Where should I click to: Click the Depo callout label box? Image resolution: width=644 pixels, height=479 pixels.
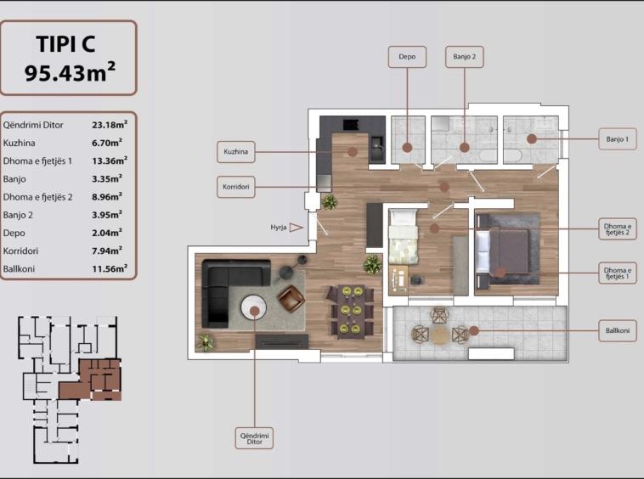pyautogui.click(x=407, y=57)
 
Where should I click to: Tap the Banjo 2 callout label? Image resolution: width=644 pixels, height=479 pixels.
pyautogui.click(x=465, y=57)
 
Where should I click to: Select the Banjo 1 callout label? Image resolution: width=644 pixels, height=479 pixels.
pyautogui.click(x=618, y=139)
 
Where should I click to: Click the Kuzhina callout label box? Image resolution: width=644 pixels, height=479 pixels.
pyautogui.click(x=235, y=152)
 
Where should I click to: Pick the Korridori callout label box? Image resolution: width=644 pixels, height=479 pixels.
pyautogui.click(x=235, y=187)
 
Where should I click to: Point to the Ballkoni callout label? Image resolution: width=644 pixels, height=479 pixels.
pyautogui.click(x=618, y=331)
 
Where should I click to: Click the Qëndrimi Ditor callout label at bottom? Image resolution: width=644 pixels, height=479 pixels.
pyautogui.click(x=255, y=438)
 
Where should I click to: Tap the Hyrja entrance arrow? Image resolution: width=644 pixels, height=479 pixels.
pyautogui.click(x=297, y=228)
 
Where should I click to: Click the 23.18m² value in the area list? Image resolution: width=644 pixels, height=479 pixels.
pyautogui.click(x=110, y=125)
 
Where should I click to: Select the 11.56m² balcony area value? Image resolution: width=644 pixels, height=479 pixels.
pyautogui.click(x=110, y=269)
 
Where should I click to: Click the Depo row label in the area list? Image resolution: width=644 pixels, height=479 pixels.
pyautogui.click(x=14, y=234)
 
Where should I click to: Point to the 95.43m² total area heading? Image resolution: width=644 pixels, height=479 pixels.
pyautogui.click(x=70, y=73)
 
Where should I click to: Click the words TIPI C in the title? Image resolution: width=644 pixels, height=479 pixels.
pyautogui.click(x=65, y=44)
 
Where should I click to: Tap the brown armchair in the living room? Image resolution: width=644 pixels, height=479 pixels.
pyautogui.click(x=291, y=298)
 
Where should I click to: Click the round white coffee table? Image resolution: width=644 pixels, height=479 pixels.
pyautogui.click(x=253, y=307)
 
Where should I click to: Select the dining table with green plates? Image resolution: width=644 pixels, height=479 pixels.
pyautogui.click(x=351, y=311)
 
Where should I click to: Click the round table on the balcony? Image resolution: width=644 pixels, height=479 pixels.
pyautogui.click(x=439, y=335)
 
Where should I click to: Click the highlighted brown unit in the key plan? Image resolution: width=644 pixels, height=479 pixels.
pyautogui.click(x=94, y=380)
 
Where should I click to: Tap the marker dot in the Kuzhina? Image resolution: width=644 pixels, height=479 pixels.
pyautogui.click(x=353, y=152)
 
